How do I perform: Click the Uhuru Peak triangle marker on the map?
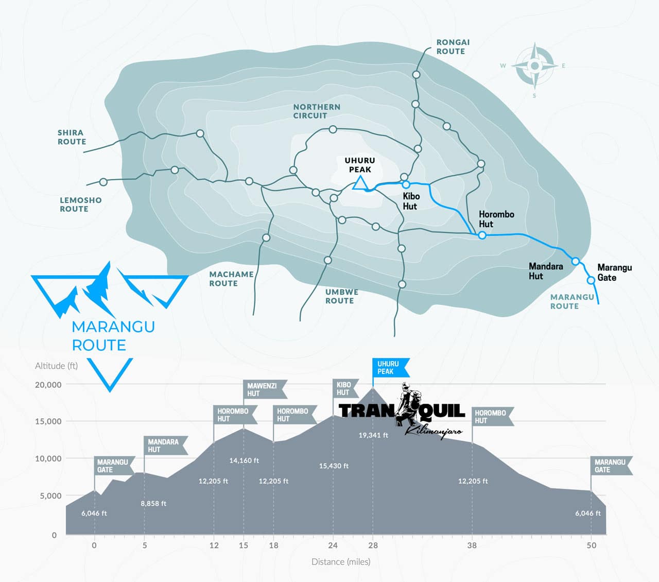click(359, 183)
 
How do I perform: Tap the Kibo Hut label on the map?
click(411, 201)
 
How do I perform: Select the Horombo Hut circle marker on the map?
click(482, 235)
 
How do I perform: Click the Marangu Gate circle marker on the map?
click(591, 280)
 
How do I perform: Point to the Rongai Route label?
click(453, 47)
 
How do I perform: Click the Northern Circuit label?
click(317, 111)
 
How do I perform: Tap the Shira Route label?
click(72, 137)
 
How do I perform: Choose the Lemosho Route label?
click(80, 204)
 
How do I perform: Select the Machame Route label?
click(231, 279)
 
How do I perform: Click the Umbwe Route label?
click(341, 296)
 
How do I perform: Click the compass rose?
click(534, 66)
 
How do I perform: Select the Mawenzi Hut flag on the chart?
click(263, 389)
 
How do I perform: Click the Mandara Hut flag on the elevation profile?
click(164, 446)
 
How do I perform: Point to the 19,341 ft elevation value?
click(373, 435)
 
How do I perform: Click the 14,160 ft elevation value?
click(244, 460)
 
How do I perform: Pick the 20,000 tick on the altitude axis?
click(48, 385)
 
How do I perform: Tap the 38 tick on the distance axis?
click(472, 545)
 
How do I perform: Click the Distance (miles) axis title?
click(341, 561)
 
